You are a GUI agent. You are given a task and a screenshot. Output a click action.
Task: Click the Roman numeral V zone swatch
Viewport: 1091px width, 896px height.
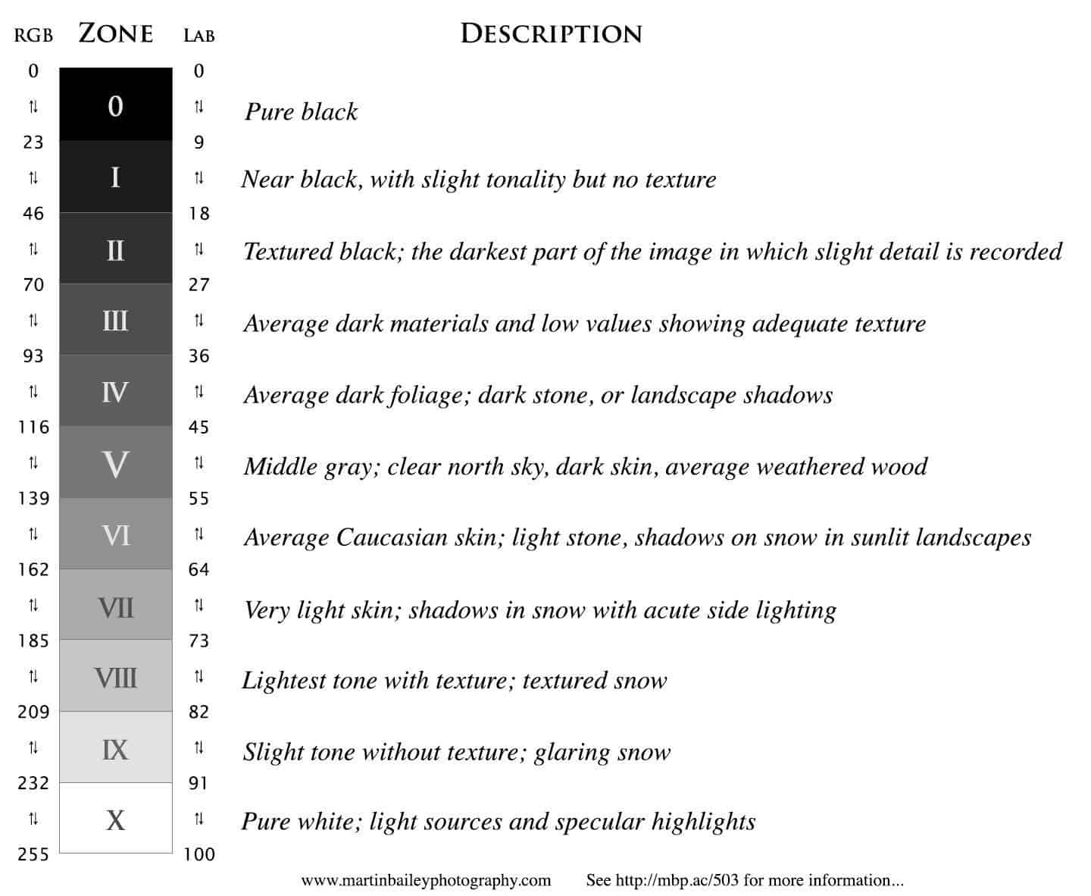point(115,463)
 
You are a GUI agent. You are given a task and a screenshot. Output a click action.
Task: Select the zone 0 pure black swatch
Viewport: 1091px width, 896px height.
point(115,105)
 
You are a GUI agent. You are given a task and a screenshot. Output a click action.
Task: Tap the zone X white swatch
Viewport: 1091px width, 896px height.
point(115,819)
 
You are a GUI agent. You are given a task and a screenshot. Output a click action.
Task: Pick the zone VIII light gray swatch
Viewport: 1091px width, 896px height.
point(115,677)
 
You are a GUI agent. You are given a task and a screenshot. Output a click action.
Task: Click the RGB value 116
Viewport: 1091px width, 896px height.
point(33,428)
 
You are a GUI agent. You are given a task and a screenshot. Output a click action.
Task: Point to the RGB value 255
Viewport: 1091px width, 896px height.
point(33,855)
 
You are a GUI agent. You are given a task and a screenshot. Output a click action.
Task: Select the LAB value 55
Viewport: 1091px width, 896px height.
point(199,499)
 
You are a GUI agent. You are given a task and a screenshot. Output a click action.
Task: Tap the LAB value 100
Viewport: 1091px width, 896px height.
point(199,855)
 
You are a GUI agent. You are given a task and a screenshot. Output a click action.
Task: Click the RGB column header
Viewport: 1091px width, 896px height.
point(33,36)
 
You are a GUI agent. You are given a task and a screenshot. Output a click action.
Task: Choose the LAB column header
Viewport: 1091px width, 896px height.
point(199,36)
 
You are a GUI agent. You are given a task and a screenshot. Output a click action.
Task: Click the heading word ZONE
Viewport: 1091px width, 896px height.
point(116,33)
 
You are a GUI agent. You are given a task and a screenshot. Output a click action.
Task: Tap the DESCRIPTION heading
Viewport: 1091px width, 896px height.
point(551,33)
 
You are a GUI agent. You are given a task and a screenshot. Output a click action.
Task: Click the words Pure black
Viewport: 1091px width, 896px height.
point(301,112)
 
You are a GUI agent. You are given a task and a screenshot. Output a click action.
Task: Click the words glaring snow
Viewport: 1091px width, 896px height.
point(602,753)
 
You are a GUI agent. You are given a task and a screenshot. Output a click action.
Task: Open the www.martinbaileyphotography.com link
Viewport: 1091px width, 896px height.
point(426,881)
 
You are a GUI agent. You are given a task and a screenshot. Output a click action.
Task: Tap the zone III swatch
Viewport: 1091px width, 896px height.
point(115,320)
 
